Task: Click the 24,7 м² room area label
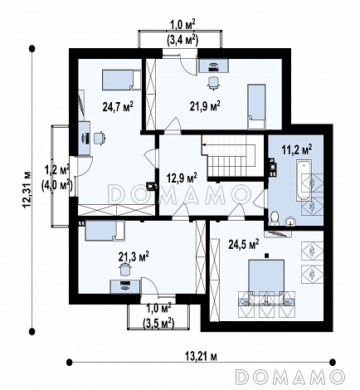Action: coord(118,106)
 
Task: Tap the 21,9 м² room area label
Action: coord(205,105)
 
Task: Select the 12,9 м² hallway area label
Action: coord(182,178)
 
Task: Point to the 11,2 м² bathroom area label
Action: coord(297,149)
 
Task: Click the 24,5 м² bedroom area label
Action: coord(244,245)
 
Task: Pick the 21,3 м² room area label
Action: coord(134,256)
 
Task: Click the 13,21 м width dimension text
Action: coord(201,357)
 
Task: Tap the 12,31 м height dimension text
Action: coord(27,189)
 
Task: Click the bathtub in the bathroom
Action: coord(304,180)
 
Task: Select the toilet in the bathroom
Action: coord(275,218)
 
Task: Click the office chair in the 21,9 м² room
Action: coord(213,83)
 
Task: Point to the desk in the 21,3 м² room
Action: coord(125,286)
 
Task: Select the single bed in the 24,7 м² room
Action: coord(121,80)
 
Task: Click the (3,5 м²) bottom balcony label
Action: coord(158,323)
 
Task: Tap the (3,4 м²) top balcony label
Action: coord(182,41)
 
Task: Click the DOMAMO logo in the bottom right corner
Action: coord(290,377)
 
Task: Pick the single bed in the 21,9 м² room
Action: coord(256,107)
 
